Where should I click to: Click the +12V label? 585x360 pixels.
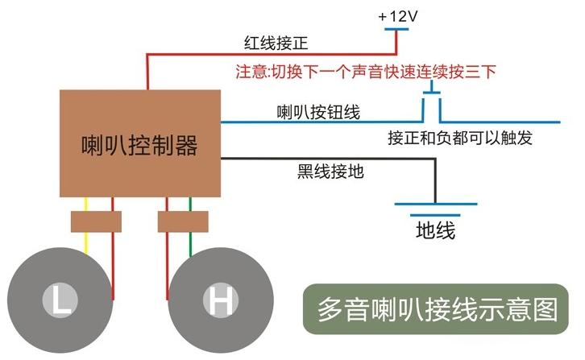398,16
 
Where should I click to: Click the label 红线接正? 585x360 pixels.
276,43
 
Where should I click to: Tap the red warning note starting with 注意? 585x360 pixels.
366,72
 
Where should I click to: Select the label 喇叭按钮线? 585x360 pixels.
318,112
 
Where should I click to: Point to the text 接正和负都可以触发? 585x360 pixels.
460,138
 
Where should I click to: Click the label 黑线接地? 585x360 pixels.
330,172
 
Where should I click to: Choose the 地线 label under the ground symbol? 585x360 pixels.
435,230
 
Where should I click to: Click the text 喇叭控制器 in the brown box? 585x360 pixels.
139,145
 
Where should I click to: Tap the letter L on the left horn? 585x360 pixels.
60,300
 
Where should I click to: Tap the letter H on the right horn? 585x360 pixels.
221,300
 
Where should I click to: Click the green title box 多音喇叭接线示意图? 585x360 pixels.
435,309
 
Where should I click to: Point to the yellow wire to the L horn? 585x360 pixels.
85,226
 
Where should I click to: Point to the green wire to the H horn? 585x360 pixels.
190,227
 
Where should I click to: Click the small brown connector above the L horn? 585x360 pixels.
96,221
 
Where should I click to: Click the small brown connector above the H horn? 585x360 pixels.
183,221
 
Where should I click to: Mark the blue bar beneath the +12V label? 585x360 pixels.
396,29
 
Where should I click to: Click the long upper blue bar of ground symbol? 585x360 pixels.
436,204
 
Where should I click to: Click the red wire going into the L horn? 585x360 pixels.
113,249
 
